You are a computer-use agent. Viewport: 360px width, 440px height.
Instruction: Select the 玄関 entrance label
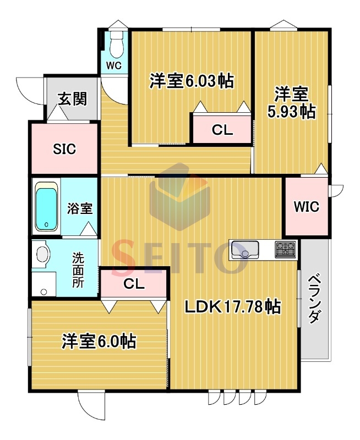pyautogui.click(x=72, y=99)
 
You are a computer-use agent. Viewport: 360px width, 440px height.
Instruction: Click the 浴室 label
pyautogui.click(x=80, y=208)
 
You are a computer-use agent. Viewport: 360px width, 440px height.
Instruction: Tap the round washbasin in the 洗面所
pyautogui.click(x=42, y=254)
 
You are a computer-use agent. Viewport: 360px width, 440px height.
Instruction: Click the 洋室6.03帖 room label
pyautogui.click(x=192, y=81)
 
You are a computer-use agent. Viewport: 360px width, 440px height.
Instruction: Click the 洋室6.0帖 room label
pyautogui.click(x=99, y=342)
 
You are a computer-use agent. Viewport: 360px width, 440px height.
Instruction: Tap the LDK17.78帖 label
pyautogui.click(x=233, y=306)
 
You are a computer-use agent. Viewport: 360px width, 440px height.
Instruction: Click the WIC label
pyautogui.click(x=306, y=207)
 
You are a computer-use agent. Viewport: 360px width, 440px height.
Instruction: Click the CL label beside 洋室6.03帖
pyautogui.click(x=222, y=130)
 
